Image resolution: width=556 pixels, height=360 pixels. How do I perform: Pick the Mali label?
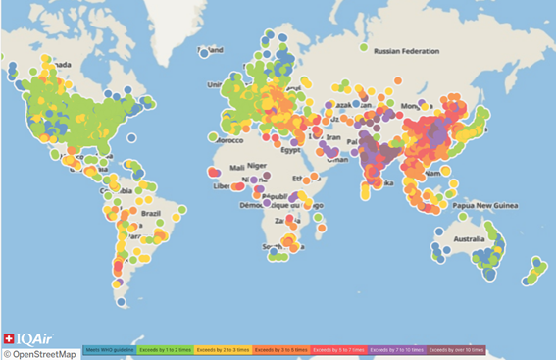coord(232,166)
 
